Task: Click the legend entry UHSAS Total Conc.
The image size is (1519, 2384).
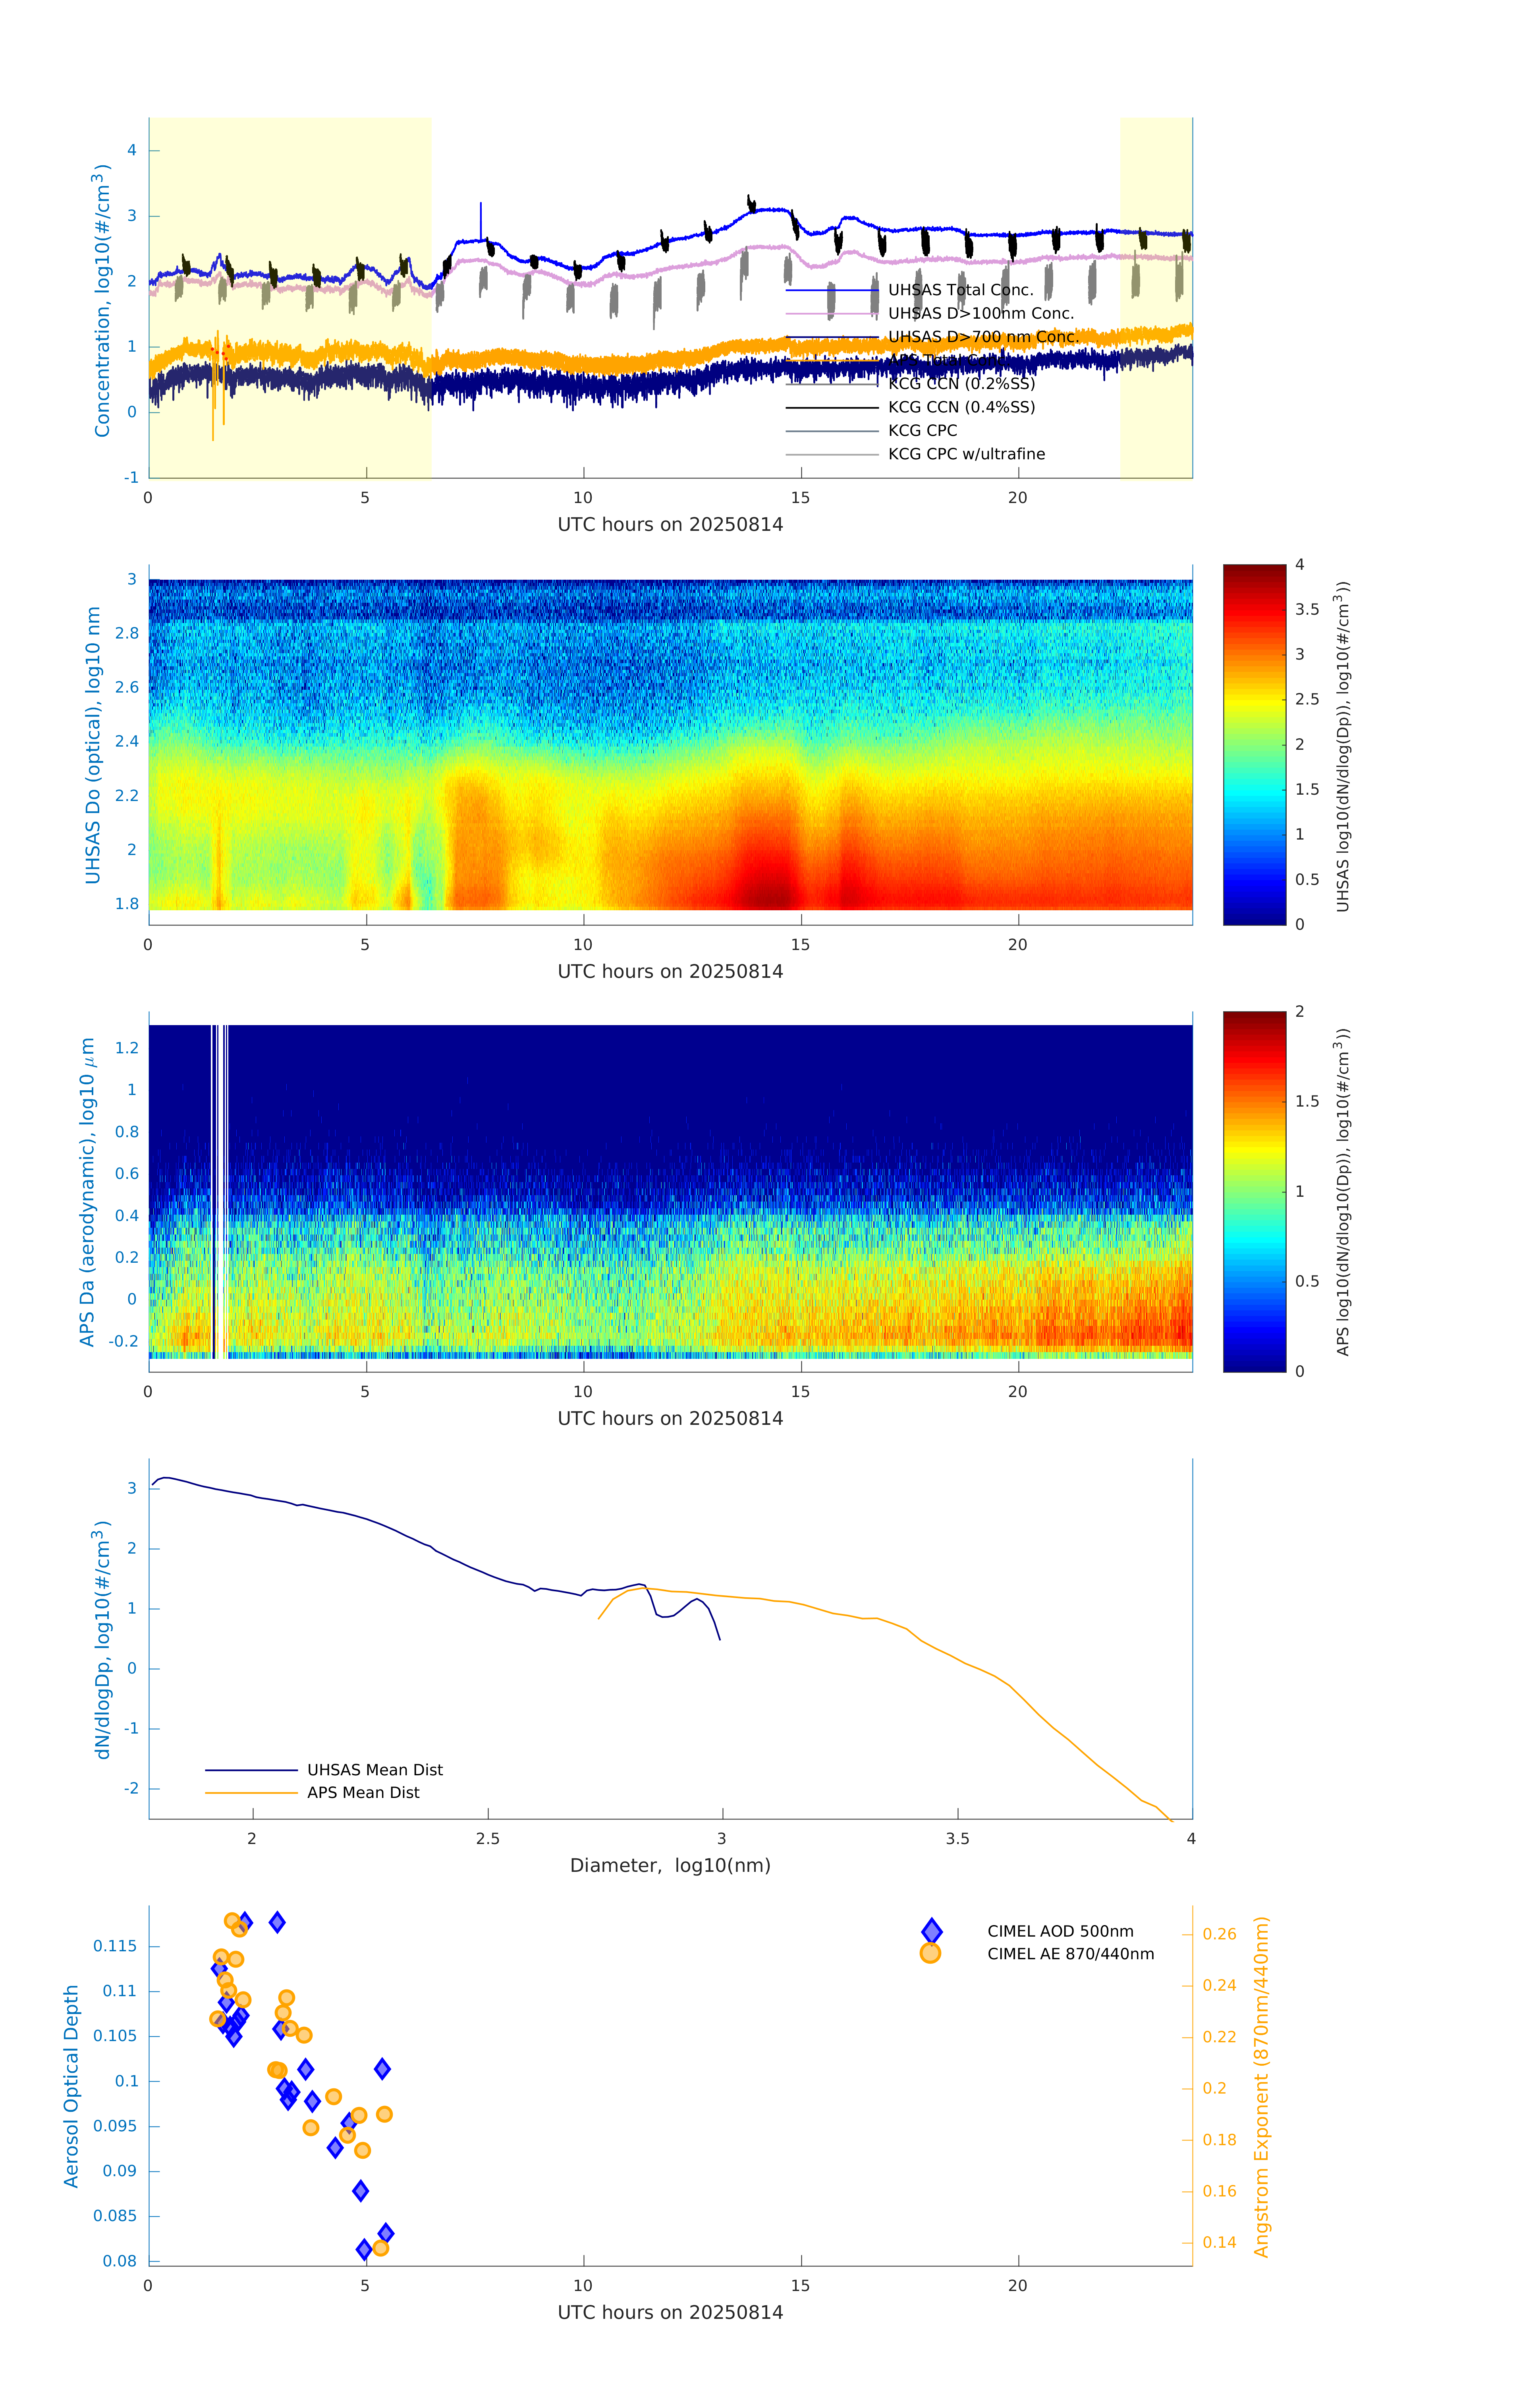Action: (x=960, y=290)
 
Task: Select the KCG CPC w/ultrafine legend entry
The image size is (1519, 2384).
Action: (x=966, y=455)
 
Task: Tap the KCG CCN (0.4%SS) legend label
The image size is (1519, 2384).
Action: (x=961, y=407)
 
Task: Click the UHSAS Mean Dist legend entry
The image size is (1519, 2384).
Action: (x=374, y=1769)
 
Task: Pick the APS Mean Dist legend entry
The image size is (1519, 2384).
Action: (x=362, y=1792)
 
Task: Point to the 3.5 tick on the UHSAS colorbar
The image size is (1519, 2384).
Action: (x=1306, y=610)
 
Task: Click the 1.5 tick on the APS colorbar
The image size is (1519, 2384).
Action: (x=1306, y=1101)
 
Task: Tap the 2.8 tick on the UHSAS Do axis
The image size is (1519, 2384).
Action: (x=127, y=634)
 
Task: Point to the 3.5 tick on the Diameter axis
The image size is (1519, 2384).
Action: (x=957, y=1838)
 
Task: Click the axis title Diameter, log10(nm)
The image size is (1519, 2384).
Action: (x=670, y=1865)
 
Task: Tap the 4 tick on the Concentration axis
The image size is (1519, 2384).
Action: (x=131, y=151)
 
